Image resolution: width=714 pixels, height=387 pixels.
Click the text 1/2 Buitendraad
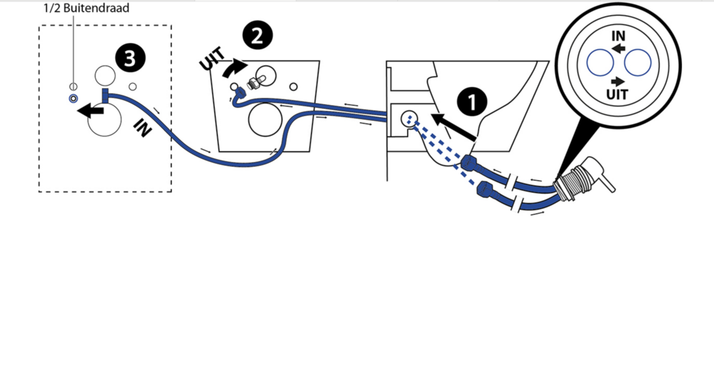[x=86, y=8]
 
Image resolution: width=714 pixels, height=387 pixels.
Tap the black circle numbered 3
[x=130, y=59]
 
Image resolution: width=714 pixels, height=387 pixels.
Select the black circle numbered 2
[x=257, y=36]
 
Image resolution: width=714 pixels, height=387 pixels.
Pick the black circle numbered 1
[x=472, y=101]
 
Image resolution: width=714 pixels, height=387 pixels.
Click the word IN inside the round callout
[x=618, y=36]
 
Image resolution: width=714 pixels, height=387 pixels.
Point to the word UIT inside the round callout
[x=617, y=95]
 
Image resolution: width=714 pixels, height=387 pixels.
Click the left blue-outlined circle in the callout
[x=600, y=62]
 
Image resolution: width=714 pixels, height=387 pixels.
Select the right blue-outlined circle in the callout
[x=638, y=62]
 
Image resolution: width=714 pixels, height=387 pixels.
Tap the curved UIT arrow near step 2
[x=234, y=69]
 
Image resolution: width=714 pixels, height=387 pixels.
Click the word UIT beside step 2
[x=212, y=59]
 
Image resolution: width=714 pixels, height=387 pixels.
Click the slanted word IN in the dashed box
[x=143, y=128]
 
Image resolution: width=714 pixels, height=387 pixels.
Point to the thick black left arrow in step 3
[x=91, y=111]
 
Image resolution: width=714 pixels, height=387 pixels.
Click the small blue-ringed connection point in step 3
[x=74, y=99]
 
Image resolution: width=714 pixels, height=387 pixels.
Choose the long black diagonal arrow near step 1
[x=453, y=127]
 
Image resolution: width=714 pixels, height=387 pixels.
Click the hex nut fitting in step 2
[x=252, y=83]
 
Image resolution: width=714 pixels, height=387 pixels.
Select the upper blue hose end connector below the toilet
[x=469, y=163]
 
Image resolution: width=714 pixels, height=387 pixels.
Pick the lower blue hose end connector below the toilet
[x=485, y=189]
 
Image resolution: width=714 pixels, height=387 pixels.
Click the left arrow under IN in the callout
[x=618, y=48]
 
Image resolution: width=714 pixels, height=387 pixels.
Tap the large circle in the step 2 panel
[x=265, y=120]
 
